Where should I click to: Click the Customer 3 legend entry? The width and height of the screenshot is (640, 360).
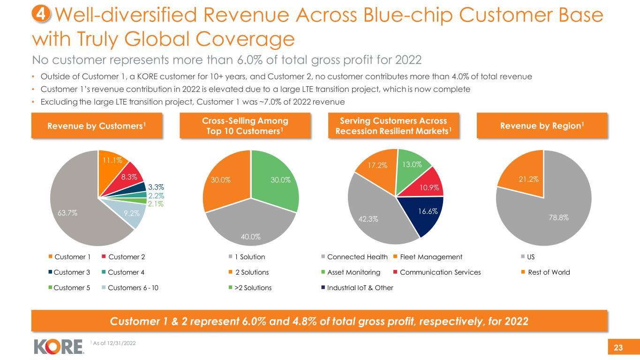[66, 272]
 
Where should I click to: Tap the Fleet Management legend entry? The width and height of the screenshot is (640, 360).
[429, 257]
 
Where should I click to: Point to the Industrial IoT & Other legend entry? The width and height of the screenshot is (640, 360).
[357, 288]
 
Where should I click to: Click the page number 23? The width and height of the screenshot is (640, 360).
[618, 347]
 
